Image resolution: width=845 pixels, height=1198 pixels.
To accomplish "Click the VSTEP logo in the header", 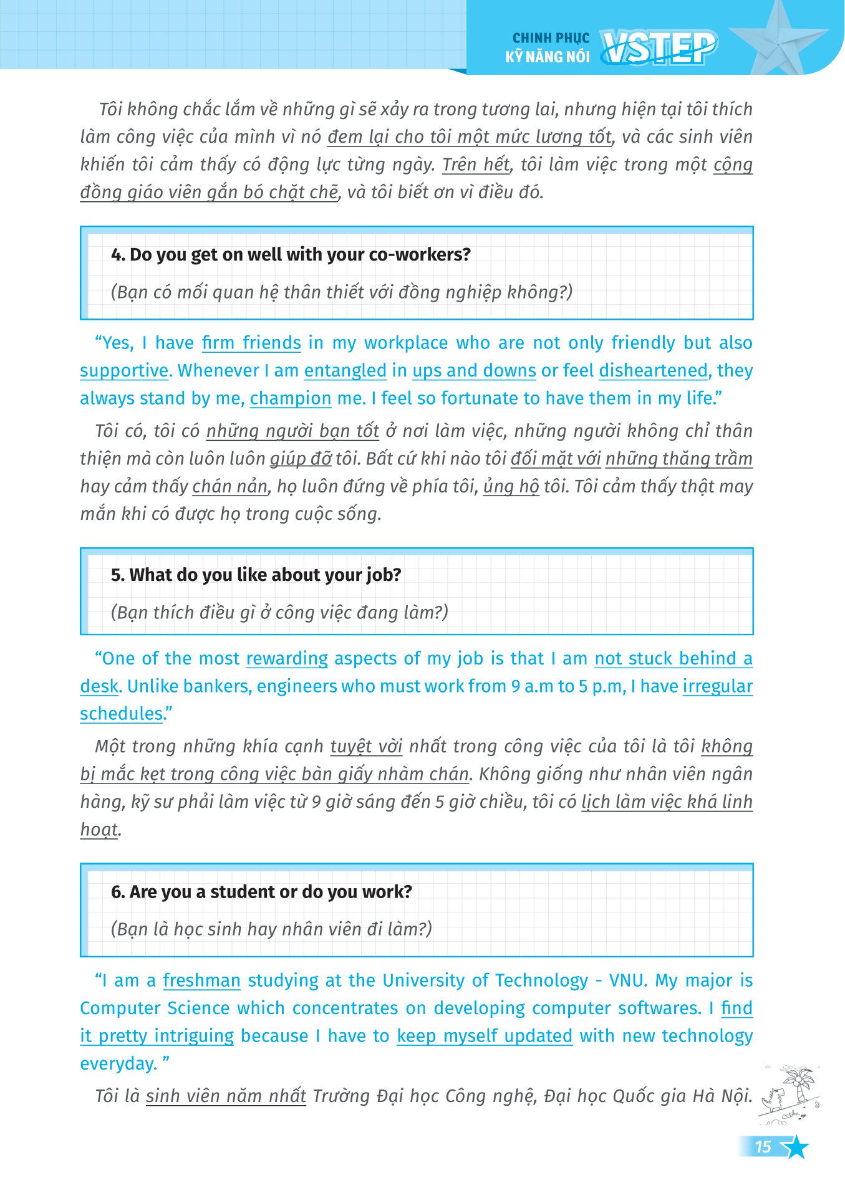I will click(x=659, y=47).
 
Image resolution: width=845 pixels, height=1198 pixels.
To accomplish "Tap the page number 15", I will click(x=763, y=1146).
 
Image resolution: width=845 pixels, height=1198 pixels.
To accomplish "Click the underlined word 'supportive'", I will click(x=124, y=371).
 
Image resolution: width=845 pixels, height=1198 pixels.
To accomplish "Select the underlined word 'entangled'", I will click(x=345, y=371).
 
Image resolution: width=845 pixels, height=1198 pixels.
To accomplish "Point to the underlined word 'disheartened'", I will click(x=653, y=371).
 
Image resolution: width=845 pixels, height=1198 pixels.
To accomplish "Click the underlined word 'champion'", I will click(x=291, y=398).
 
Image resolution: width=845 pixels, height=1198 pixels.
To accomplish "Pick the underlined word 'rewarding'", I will click(x=287, y=659).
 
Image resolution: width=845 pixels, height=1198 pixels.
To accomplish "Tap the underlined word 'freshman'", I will click(x=201, y=980).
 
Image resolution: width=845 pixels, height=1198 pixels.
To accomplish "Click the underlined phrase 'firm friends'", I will click(x=251, y=343).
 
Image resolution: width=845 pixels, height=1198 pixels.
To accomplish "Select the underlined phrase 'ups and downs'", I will click(x=474, y=371).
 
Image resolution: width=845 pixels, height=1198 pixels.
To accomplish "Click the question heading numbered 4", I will click(x=291, y=255).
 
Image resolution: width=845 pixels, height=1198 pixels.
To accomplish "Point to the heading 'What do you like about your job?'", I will click(x=265, y=575).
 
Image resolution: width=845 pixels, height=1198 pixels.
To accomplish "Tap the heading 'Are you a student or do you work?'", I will click(x=271, y=892).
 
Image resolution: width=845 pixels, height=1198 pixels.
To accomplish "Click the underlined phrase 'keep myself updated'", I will click(x=485, y=1036).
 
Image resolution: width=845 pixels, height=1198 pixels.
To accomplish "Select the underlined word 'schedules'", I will click(x=122, y=714).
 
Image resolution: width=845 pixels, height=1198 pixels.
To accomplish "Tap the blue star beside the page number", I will click(x=795, y=1147).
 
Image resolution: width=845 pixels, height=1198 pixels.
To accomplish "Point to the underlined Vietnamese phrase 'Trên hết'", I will click(x=476, y=165).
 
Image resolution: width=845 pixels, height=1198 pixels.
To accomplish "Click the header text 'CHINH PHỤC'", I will click(x=551, y=39).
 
